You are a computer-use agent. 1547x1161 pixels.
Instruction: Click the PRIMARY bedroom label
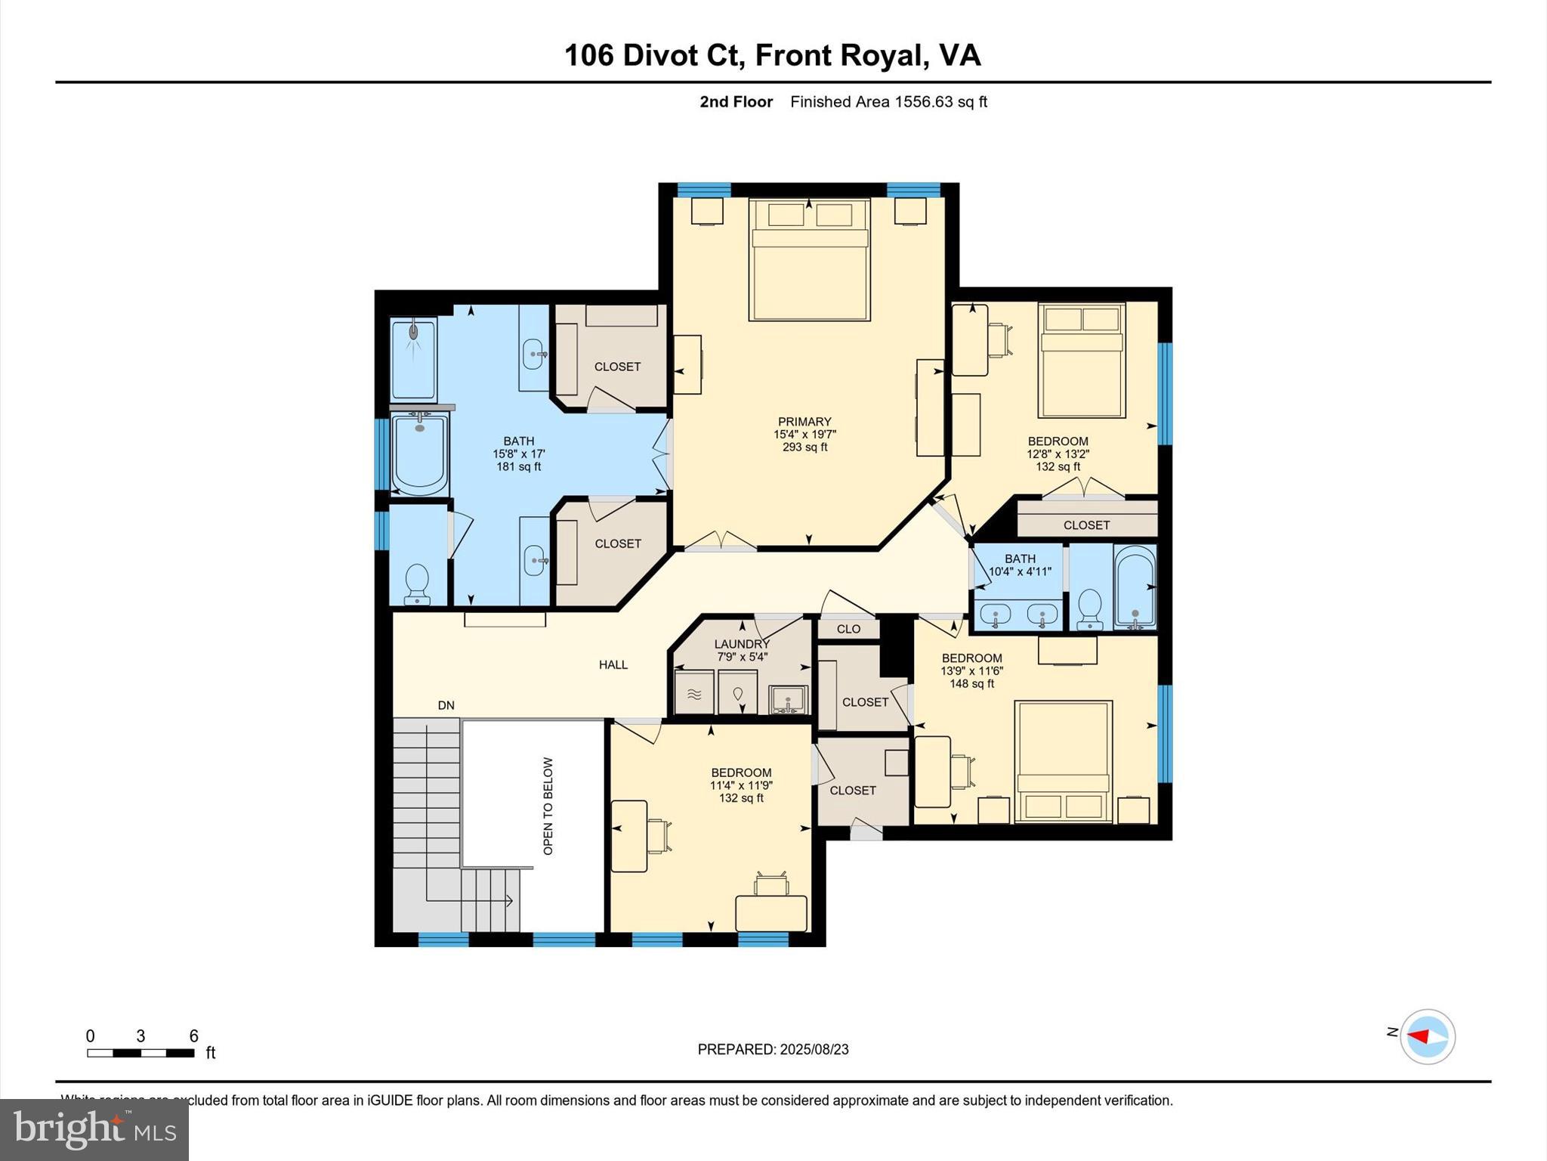804,422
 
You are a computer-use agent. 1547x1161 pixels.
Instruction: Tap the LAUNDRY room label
741,644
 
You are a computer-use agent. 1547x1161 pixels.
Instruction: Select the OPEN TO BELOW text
548,806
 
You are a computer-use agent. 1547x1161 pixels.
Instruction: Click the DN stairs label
446,705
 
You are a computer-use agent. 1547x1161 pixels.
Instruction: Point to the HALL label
613,664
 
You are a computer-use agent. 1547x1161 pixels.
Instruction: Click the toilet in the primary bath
417,584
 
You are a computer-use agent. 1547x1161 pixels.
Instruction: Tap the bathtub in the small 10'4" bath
1135,587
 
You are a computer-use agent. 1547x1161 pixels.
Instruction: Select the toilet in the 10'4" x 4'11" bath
1089,609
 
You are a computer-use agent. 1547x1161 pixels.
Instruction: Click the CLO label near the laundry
848,629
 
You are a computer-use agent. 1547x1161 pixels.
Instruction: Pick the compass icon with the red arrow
1427,1036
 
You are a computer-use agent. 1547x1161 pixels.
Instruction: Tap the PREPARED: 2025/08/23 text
773,1049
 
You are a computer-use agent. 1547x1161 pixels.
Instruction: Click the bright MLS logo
94,1129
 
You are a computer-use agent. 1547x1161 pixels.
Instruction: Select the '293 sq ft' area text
804,447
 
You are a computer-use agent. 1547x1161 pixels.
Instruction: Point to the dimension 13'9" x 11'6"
971,670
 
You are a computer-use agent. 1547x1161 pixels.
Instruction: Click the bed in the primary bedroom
810,259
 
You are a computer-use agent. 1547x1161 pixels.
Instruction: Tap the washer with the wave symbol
693,694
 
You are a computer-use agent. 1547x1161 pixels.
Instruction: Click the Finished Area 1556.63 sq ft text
888,102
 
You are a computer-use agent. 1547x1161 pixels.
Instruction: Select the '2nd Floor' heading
736,102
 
